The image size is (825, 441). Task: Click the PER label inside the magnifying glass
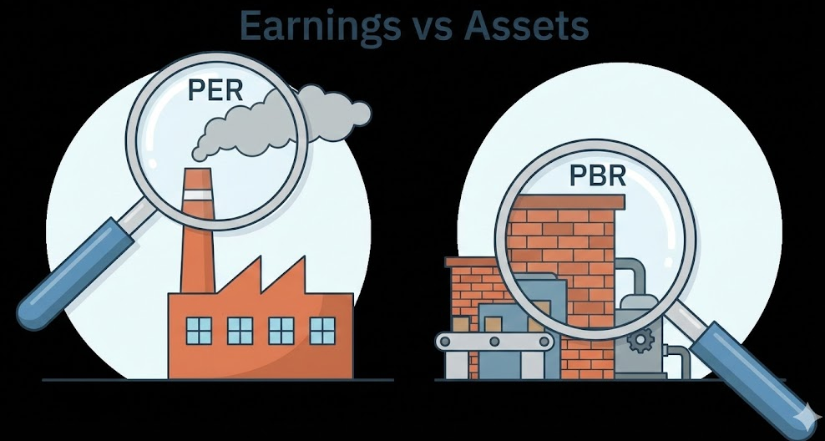(x=215, y=89)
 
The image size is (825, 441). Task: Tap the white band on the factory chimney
(x=198, y=196)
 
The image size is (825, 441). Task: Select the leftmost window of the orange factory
(x=199, y=331)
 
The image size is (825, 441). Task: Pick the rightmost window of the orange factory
(x=322, y=331)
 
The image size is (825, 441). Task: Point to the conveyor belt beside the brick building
(x=493, y=342)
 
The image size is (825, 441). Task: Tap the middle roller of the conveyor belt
(x=493, y=342)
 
